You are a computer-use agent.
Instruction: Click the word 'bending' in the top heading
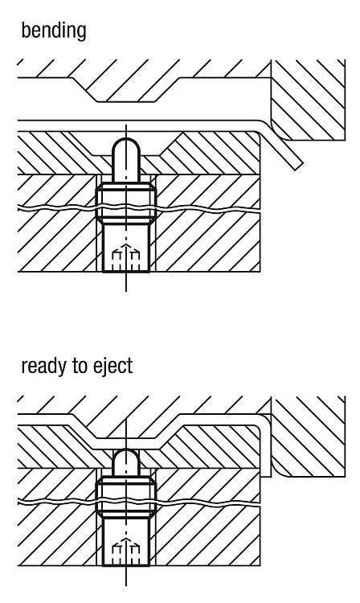pyautogui.click(x=54, y=31)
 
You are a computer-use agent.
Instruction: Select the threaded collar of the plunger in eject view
pyautogui.click(x=125, y=498)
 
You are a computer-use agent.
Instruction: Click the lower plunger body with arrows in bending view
pyautogui.click(x=125, y=248)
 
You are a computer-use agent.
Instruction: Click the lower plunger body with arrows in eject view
pyautogui.click(x=125, y=542)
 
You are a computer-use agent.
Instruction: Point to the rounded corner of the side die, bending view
pyautogui.click(x=279, y=131)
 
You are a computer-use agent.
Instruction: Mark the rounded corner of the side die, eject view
pyautogui.click(x=280, y=468)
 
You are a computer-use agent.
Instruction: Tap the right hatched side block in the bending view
pyautogui.click(x=308, y=100)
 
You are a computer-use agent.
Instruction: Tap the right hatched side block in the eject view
pyautogui.click(x=308, y=437)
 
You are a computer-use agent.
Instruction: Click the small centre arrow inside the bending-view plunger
pyautogui.click(x=125, y=248)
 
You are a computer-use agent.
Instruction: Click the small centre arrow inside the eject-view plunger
pyautogui.click(x=125, y=543)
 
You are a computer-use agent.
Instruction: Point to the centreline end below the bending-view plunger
pyautogui.click(x=126, y=291)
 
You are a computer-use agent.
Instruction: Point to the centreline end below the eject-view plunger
pyautogui.click(x=126, y=585)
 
